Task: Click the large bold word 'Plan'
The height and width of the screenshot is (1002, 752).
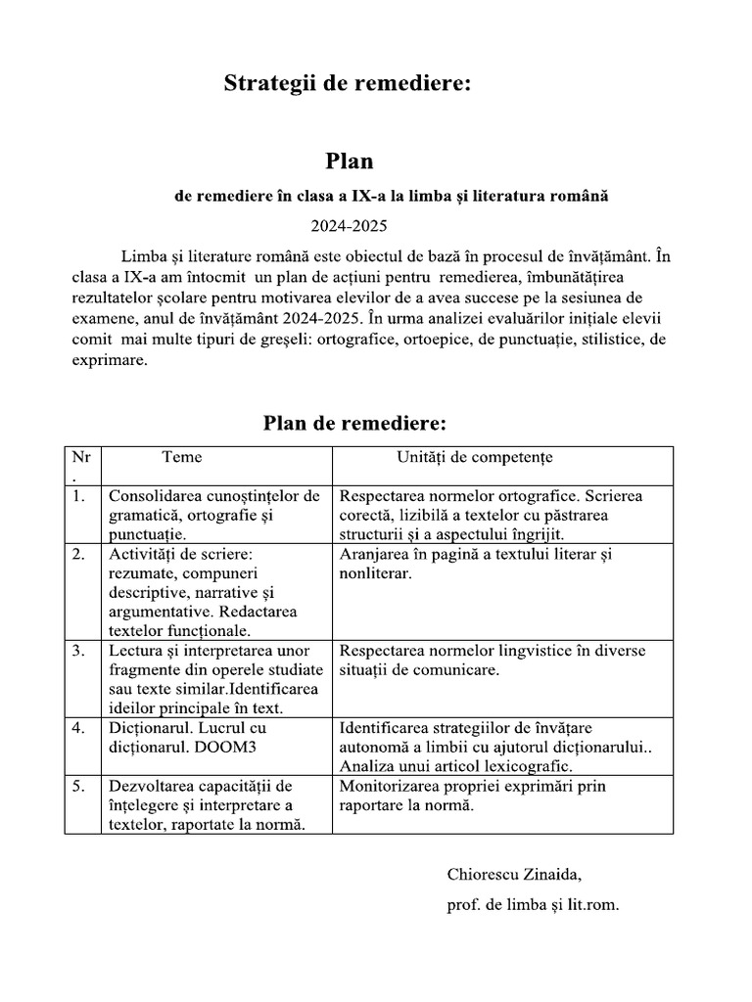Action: click(350, 160)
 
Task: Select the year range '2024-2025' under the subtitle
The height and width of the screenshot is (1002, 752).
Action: click(350, 226)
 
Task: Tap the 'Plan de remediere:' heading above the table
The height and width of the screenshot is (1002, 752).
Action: click(354, 423)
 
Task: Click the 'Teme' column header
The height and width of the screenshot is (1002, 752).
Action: click(182, 456)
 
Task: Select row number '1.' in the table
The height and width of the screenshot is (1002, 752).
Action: click(78, 495)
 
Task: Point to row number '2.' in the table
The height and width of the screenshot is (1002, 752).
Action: click(78, 554)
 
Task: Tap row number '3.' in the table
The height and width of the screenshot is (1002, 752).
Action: click(78, 651)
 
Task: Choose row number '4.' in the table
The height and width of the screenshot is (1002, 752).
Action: click(78, 728)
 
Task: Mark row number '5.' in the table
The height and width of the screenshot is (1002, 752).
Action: click(78, 786)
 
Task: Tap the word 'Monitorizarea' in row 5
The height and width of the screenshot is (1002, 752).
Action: click(388, 786)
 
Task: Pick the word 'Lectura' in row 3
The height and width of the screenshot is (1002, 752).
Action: click(135, 651)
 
